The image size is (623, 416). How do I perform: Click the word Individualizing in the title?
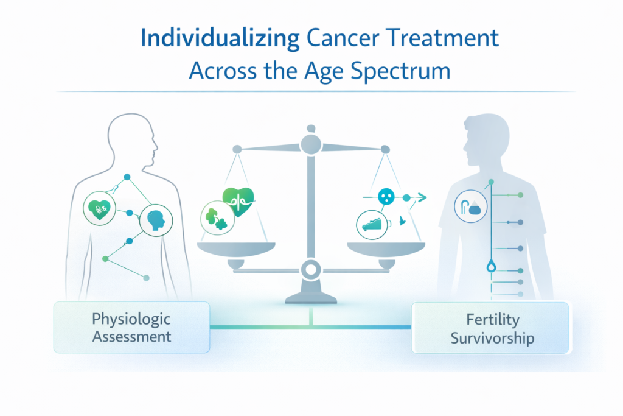point(220,38)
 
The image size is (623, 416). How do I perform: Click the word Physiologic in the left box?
point(131,319)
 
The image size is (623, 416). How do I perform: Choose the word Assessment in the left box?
point(131,336)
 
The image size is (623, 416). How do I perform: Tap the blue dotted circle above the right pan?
point(386,197)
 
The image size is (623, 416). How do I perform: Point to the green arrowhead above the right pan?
point(420,197)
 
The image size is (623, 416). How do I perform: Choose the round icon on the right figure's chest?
point(470,208)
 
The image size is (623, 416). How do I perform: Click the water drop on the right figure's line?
point(490,266)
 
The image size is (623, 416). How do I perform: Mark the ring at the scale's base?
point(311,268)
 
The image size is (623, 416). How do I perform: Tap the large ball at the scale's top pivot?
point(311,144)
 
